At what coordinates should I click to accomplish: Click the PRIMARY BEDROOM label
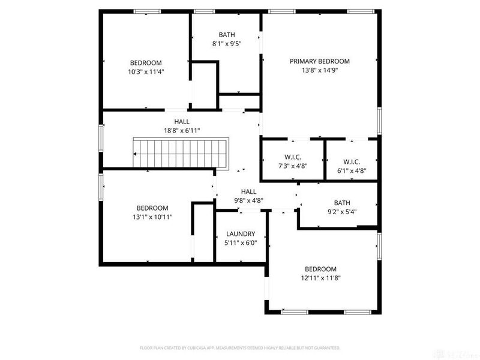pyautogui.click(x=319, y=61)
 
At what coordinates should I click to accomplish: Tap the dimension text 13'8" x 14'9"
pyautogui.click(x=319, y=70)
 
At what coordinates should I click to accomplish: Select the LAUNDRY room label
pyautogui.click(x=241, y=234)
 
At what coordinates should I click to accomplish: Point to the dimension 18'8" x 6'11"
pyautogui.click(x=182, y=130)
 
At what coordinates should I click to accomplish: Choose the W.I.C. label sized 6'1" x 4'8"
pyautogui.click(x=351, y=161)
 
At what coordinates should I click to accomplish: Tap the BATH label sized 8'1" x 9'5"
pyautogui.click(x=226, y=34)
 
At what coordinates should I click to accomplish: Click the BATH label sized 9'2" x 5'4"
pyautogui.click(x=341, y=203)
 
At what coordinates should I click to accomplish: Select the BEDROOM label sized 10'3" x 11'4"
pyautogui.click(x=146, y=62)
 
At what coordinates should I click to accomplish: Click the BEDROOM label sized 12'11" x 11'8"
pyautogui.click(x=320, y=269)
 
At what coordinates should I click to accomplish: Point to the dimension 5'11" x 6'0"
pyautogui.click(x=241, y=243)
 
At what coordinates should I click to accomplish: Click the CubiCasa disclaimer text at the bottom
pyautogui.click(x=240, y=347)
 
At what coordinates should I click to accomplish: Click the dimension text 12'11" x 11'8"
pyautogui.click(x=320, y=278)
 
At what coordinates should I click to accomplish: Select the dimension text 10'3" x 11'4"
pyautogui.click(x=146, y=71)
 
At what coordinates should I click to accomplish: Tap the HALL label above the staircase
pyautogui.click(x=182, y=121)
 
